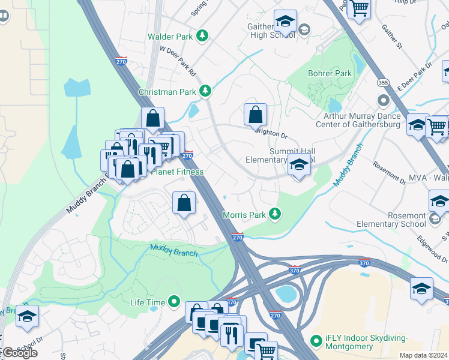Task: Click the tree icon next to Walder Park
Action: point(203,36)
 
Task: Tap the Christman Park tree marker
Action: point(206,91)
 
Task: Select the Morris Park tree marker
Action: point(275,214)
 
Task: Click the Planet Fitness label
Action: point(177,172)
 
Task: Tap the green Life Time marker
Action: point(175,301)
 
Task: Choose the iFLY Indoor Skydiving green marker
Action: point(316,341)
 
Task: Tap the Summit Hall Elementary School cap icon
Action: point(298,164)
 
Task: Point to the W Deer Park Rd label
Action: point(178,62)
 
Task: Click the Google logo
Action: point(20,352)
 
